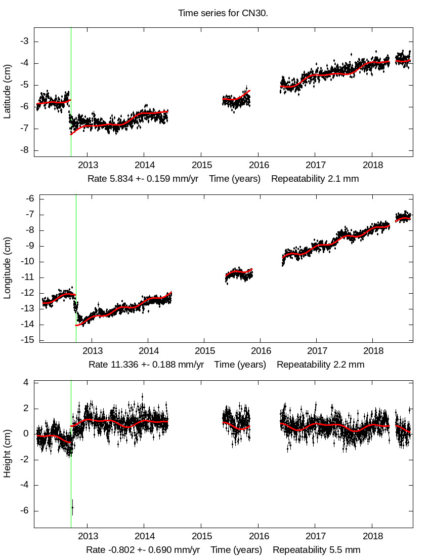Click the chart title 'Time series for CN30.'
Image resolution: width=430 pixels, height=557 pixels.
(223, 13)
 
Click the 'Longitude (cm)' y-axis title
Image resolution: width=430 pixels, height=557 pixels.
(7, 269)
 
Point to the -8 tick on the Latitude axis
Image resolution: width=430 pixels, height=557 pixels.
(24, 150)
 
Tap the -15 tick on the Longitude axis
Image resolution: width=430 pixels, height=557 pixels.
(22, 340)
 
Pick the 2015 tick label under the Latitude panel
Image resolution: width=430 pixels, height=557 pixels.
(201, 165)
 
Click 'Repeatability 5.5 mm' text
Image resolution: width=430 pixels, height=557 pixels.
(317, 550)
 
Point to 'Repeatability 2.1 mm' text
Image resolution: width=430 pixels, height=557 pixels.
(315, 179)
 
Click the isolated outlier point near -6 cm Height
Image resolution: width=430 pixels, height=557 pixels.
(72, 507)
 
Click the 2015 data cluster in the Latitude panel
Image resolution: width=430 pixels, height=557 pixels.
(236, 100)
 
